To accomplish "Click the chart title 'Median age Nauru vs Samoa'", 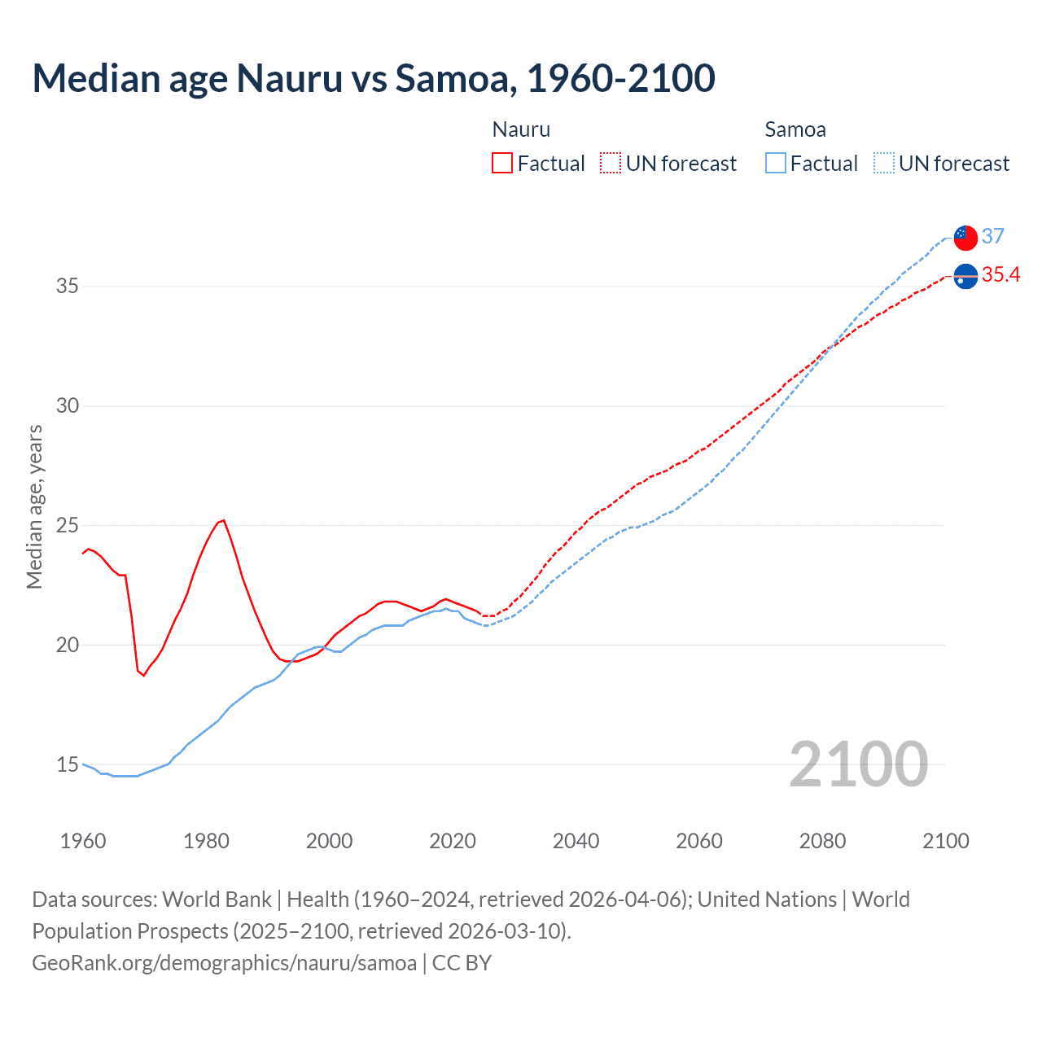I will click(x=373, y=78).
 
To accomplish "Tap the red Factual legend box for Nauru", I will click(x=502, y=163).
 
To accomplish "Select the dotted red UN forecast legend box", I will click(x=611, y=163).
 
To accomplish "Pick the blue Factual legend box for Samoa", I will click(x=775, y=163).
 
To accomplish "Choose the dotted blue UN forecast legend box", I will click(x=883, y=163).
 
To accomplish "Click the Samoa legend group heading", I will click(x=795, y=129).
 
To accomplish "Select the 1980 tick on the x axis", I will click(x=206, y=841).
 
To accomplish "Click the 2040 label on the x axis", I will click(x=576, y=841).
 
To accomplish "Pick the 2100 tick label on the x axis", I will click(x=945, y=841).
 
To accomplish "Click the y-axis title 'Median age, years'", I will click(x=34, y=506).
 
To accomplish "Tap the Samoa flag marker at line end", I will click(x=965, y=238).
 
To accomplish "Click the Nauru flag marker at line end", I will click(x=965, y=277).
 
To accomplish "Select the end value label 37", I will click(x=992, y=236).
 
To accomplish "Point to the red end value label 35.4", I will click(x=1000, y=275).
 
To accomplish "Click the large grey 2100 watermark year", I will click(x=858, y=764).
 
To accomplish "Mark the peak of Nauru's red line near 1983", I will click(x=223, y=519).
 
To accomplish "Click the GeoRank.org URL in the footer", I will click(x=224, y=963).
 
